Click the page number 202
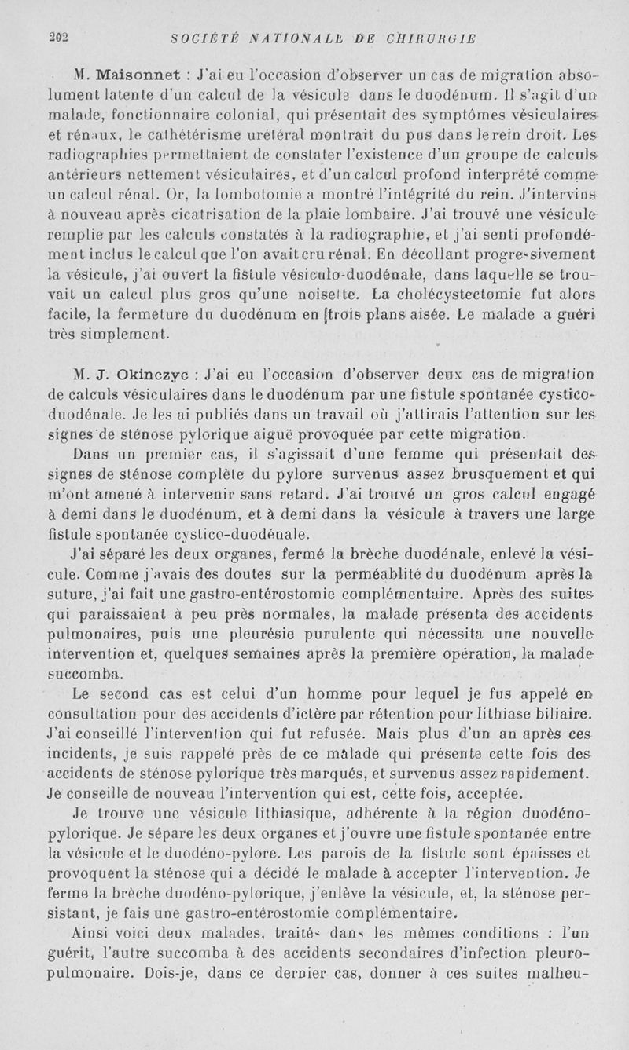tap(59, 36)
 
